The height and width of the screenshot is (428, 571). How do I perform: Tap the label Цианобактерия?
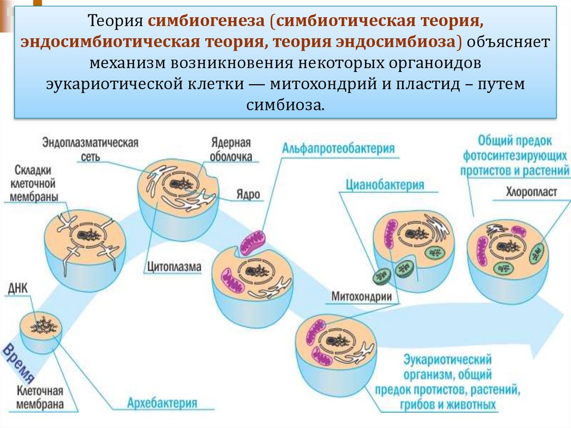coord(385,185)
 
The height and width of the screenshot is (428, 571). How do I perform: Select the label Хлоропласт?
coord(531,192)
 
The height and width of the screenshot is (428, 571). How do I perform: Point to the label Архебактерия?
coord(162,403)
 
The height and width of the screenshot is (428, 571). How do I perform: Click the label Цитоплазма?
coord(175,267)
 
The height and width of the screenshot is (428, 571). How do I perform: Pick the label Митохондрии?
coord(362,296)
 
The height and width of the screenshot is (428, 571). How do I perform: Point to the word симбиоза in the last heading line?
coord(285,104)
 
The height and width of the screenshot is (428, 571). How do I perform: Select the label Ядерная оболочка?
coord(231,150)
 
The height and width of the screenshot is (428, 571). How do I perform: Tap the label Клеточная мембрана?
coord(40,397)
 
